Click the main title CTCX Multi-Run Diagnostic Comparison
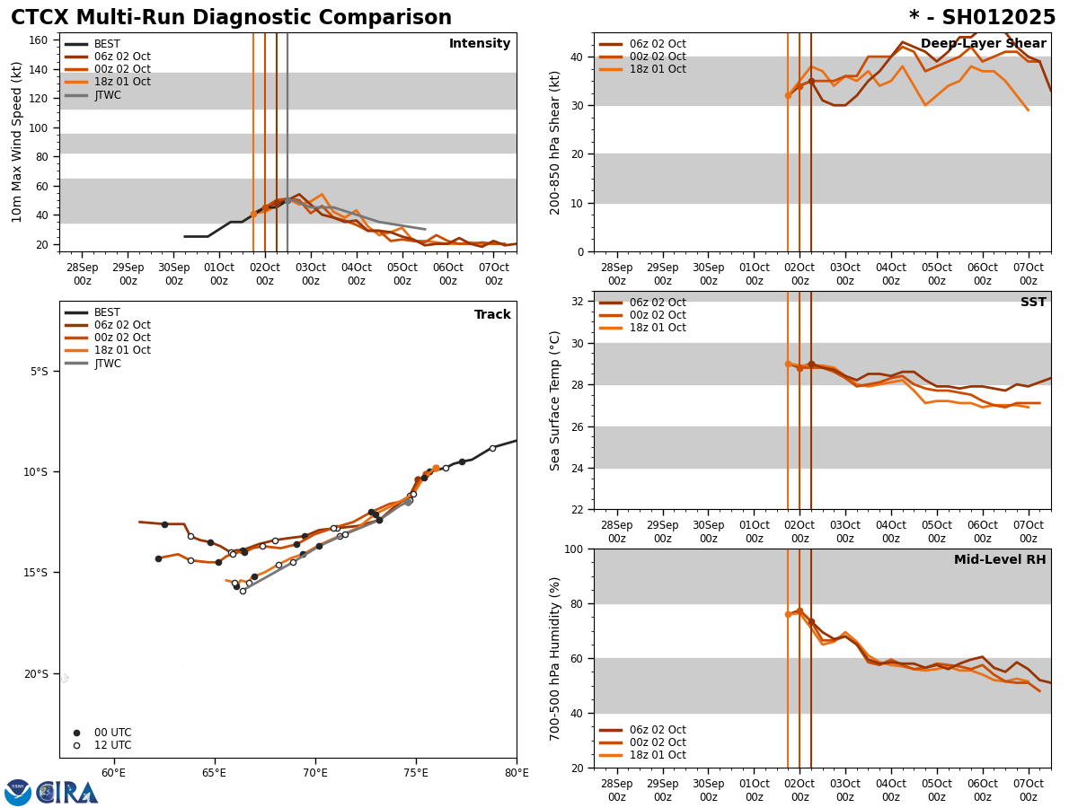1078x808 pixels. coord(231,18)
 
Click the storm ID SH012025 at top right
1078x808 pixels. coord(982,18)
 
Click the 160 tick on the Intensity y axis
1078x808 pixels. coord(38,40)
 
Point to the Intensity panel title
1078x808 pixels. coord(480,44)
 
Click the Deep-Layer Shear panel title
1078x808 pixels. coord(983,44)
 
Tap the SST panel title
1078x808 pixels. coord(1032,303)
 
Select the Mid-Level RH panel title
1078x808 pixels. coord(999,560)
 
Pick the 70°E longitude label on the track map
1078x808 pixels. coord(315,773)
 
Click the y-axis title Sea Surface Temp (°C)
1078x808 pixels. coord(555,400)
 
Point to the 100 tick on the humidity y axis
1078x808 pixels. coord(571,549)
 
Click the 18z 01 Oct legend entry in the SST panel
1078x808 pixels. coord(657,328)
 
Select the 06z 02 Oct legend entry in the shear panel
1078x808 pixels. coord(657,44)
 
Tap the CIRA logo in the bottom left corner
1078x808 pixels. coord(51,792)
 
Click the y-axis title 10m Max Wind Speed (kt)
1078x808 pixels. coord(17,142)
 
